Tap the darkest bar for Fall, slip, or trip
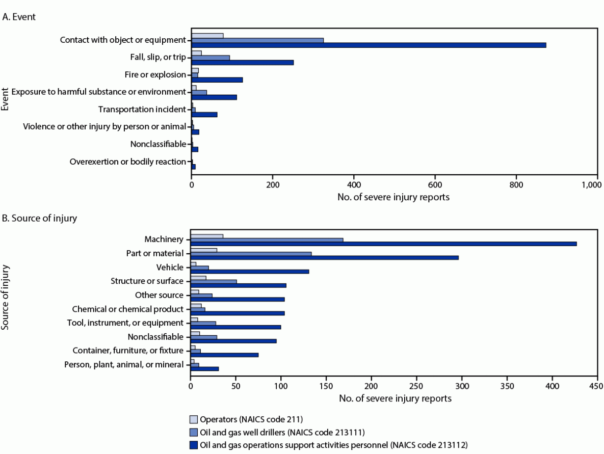243,62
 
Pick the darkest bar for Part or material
324,257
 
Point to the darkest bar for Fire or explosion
217,79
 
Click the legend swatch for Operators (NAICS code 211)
194,420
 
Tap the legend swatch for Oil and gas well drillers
194,432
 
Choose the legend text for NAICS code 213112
333,444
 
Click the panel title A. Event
19,16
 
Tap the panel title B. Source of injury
40,219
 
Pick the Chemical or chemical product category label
127,309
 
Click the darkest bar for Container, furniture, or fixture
224,355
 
